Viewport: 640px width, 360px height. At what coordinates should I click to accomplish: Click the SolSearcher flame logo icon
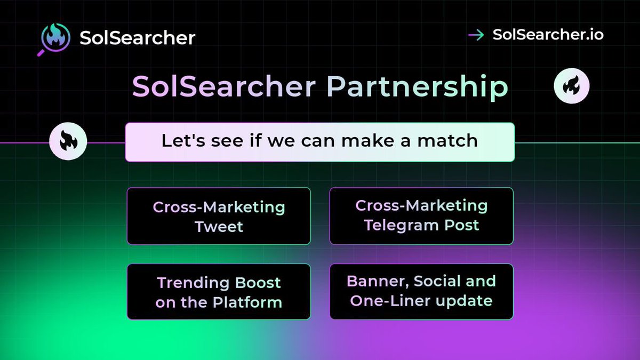pyautogui.click(x=55, y=38)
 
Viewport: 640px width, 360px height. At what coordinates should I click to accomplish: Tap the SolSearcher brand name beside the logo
pyautogui.click(x=137, y=38)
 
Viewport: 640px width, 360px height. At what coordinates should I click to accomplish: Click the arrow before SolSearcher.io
pyautogui.click(x=476, y=35)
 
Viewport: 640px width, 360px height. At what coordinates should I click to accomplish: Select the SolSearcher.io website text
pyautogui.click(x=548, y=35)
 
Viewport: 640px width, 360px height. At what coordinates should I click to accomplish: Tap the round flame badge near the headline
pyautogui.click(x=571, y=86)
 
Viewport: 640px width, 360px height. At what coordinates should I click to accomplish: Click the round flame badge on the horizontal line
pyautogui.click(x=68, y=142)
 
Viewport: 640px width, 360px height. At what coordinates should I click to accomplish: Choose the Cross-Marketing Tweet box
pyautogui.click(x=219, y=216)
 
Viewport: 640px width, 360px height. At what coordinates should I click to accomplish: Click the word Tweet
pyautogui.click(x=219, y=227)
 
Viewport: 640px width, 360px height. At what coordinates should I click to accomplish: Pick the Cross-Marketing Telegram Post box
pyautogui.click(x=421, y=215)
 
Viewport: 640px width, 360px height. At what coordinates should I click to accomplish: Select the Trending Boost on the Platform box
pyautogui.click(x=219, y=292)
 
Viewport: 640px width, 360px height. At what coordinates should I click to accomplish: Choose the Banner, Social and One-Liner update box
pyautogui.click(x=421, y=291)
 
